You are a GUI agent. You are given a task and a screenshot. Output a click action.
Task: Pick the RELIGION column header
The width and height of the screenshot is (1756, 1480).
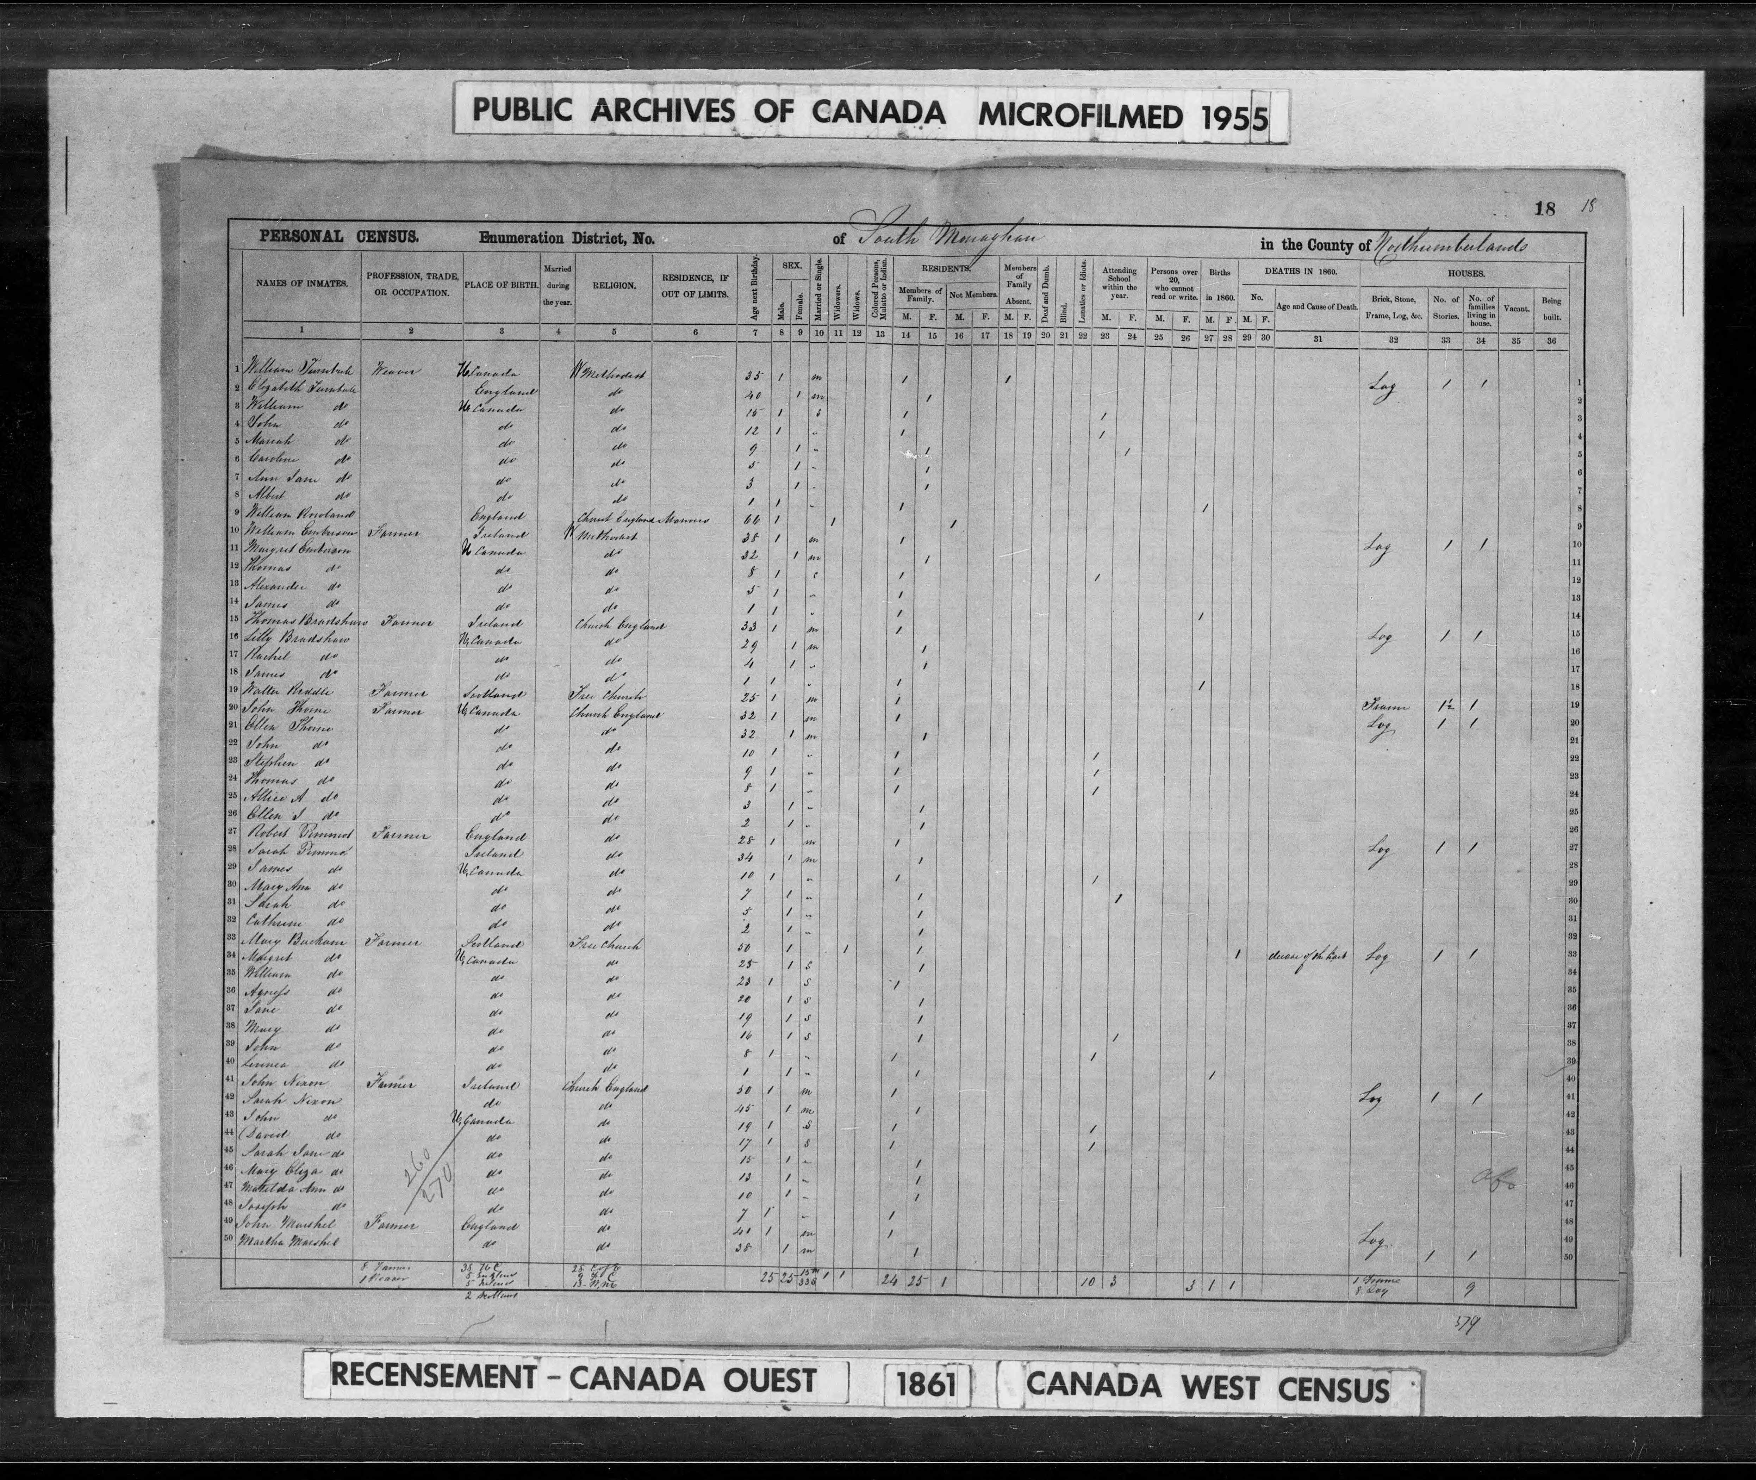(x=613, y=285)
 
